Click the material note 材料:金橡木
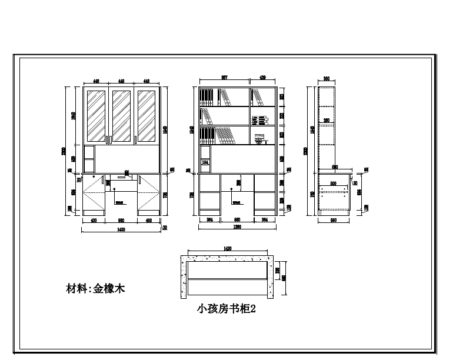pos(95,289)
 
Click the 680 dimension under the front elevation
pos(121,220)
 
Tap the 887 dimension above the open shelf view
pos(224,78)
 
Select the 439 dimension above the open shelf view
pos(263,78)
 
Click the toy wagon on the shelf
pos(260,140)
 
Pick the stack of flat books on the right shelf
pos(259,121)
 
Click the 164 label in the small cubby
pos(205,162)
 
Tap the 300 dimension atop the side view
pos(327,78)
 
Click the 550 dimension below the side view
pos(334,219)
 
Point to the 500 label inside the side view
pos(334,184)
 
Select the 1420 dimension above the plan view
pos(227,249)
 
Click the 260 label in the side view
pos(327,121)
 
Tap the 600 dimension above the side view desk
pos(335,167)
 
